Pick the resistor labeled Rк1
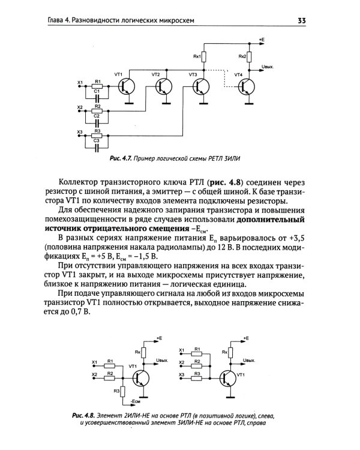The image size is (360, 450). (x=204, y=57)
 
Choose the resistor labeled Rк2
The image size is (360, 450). (x=250, y=57)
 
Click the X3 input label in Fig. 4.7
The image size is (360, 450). (x=80, y=131)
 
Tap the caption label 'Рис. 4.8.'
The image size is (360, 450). (x=84, y=416)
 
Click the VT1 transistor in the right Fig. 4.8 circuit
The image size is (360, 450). (x=229, y=378)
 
